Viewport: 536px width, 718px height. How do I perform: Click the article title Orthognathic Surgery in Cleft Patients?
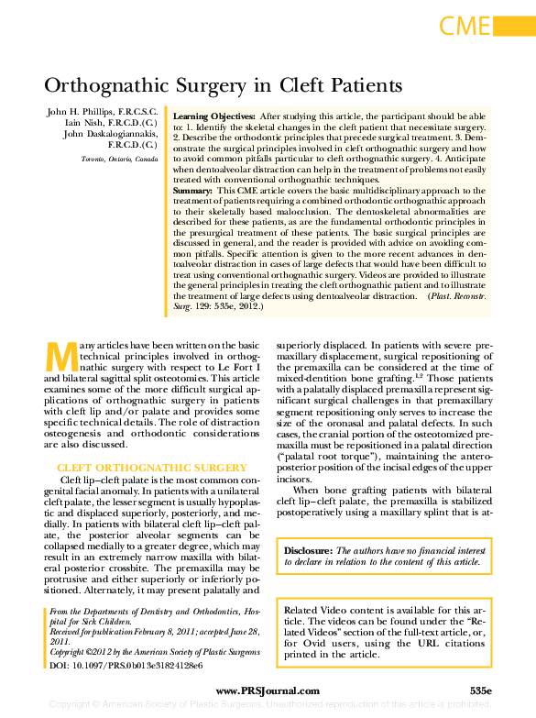(x=223, y=85)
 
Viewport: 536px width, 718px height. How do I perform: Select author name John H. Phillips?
(x=102, y=112)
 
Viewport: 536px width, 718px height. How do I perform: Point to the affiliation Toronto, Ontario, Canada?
(x=119, y=159)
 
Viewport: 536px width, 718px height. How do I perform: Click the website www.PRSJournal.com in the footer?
(x=268, y=690)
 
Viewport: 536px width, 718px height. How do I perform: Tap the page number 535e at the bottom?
(x=480, y=690)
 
